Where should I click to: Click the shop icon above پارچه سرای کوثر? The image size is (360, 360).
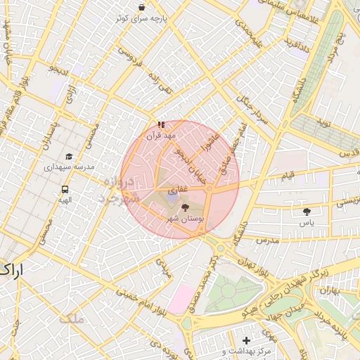[142, 8]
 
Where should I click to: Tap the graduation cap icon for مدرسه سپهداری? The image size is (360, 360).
[69, 156]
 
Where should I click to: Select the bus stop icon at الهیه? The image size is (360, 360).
[65, 188]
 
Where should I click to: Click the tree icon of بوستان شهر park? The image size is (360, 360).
[185, 207]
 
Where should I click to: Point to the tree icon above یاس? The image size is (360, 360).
[306, 210]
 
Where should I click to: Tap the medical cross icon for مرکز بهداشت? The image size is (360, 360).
[245, 340]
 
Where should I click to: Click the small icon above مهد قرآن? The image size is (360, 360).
[162, 124]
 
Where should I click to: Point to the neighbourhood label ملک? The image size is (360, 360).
[72, 319]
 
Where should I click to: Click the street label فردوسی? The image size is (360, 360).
[131, 60]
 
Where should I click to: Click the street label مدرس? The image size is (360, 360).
[267, 240]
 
